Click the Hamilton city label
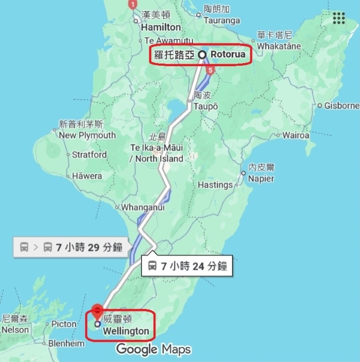point(161,27)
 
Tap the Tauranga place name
point(222,21)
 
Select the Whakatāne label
point(279,46)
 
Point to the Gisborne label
point(341,105)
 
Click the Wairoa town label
point(296,135)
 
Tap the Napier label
point(261,178)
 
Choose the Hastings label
point(215,185)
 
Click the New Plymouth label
point(87,135)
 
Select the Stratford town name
point(89,155)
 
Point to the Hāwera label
point(87,176)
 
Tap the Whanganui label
point(143,207)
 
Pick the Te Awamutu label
point(169,40)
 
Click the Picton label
point(64,324)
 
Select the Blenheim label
point(66,343)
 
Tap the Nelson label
point(15,329)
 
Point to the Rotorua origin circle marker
point(202,54)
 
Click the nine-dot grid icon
point(339,18)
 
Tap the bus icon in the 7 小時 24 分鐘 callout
point(152,266)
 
